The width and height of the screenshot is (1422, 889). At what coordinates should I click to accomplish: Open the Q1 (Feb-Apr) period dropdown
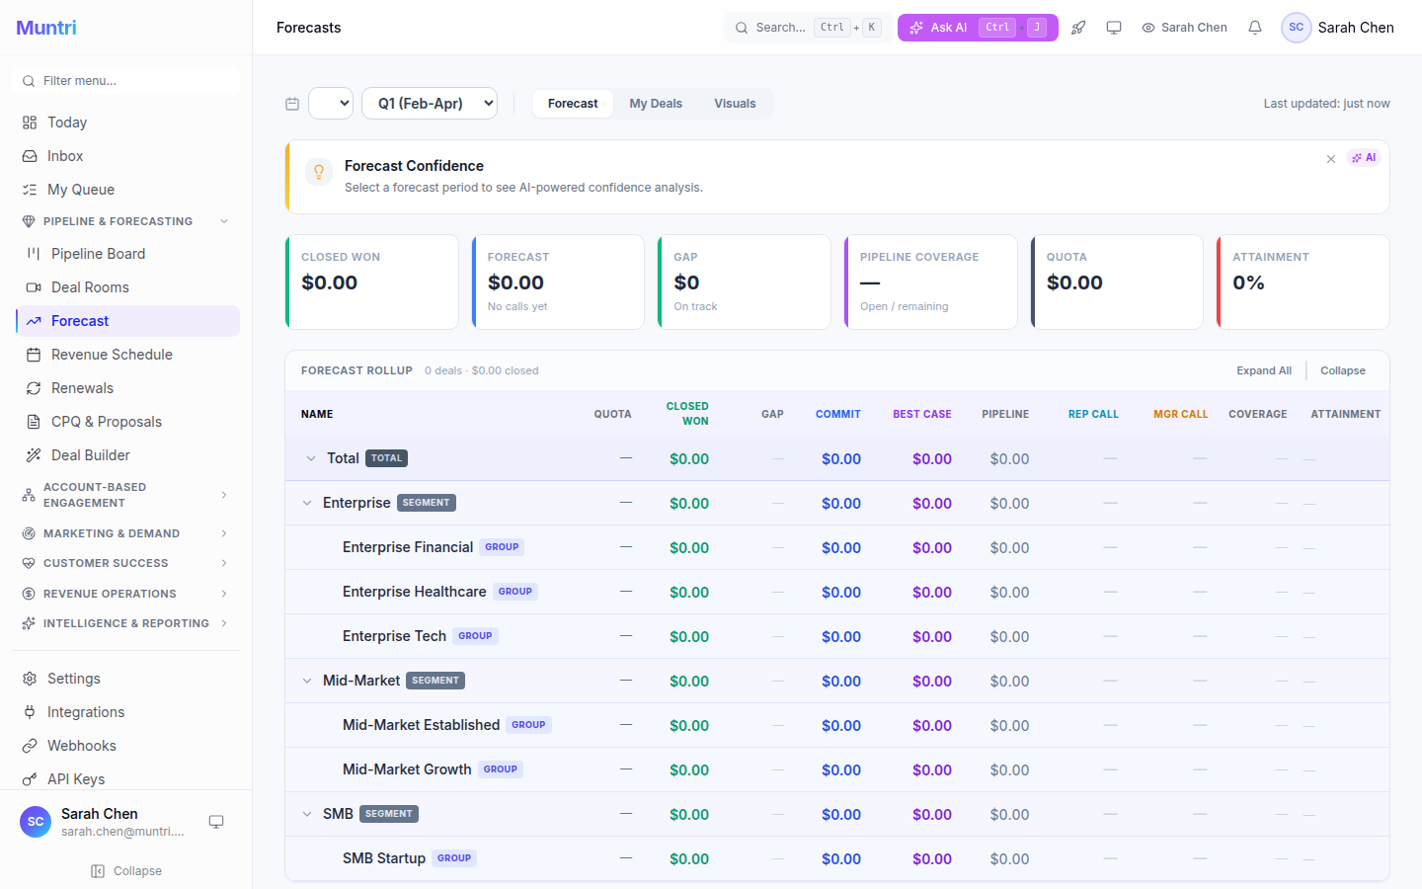430,103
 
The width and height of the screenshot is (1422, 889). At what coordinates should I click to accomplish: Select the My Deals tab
656,104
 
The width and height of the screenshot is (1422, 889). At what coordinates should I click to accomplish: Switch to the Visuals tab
735,104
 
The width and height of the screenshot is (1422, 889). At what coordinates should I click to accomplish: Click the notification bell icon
1255,28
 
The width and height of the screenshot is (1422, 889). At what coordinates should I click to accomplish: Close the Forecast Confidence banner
1331,159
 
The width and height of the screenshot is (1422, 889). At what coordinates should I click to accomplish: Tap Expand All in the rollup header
1263,370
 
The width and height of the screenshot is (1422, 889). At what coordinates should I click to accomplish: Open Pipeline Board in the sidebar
98,254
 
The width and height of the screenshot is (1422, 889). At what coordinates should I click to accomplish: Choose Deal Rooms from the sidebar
90,287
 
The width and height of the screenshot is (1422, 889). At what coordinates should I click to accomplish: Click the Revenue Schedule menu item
112,355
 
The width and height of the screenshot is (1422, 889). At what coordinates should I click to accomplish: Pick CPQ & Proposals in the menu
106,422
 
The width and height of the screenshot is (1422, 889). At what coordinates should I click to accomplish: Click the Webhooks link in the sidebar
82,746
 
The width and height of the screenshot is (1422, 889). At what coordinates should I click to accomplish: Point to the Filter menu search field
128,81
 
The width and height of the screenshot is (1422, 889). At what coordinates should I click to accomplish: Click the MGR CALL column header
1180,414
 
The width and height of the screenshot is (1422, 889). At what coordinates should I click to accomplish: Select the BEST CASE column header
921,414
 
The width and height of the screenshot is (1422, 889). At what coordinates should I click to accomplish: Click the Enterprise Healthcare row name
414,592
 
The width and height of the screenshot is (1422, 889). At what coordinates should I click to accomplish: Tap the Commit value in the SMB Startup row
841,859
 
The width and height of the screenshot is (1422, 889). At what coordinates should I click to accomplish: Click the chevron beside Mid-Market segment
307,681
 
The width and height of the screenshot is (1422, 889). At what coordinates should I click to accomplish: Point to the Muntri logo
46,28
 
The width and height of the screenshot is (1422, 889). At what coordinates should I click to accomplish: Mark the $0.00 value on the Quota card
1074,283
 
